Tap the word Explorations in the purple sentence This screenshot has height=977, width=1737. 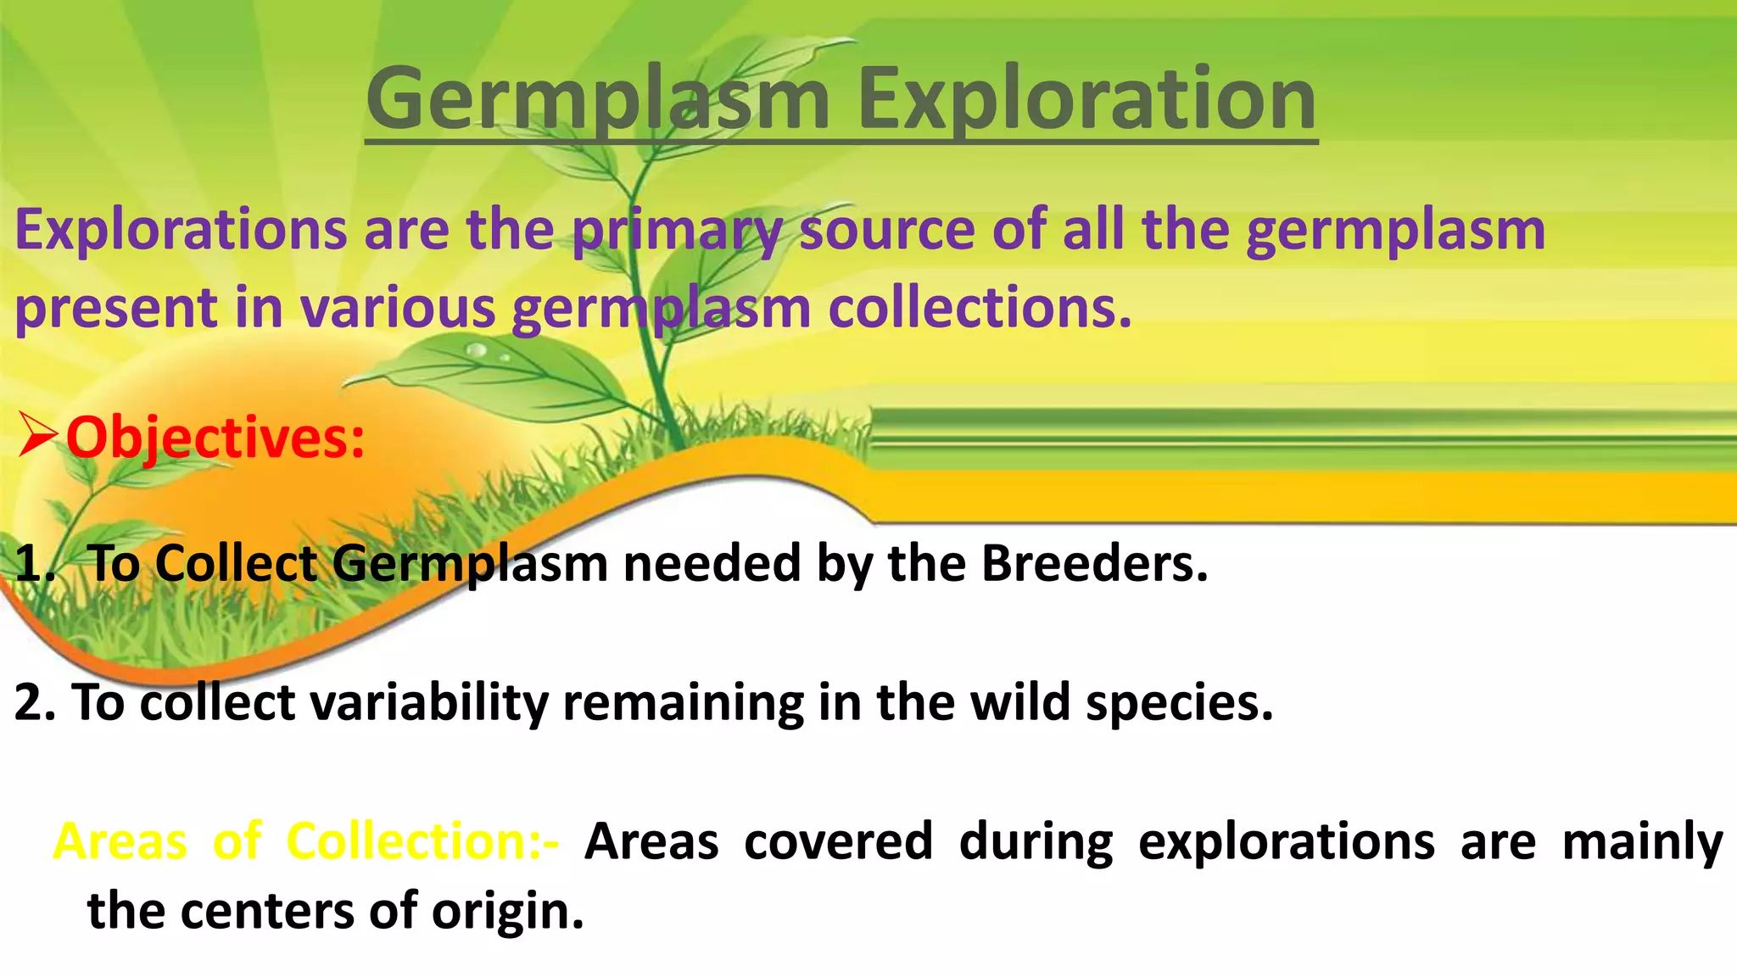pos(181,230)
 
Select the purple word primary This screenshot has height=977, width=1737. pos(676,230)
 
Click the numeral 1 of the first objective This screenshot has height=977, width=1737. pos(30,564)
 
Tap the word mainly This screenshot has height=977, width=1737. pos(1641,841)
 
